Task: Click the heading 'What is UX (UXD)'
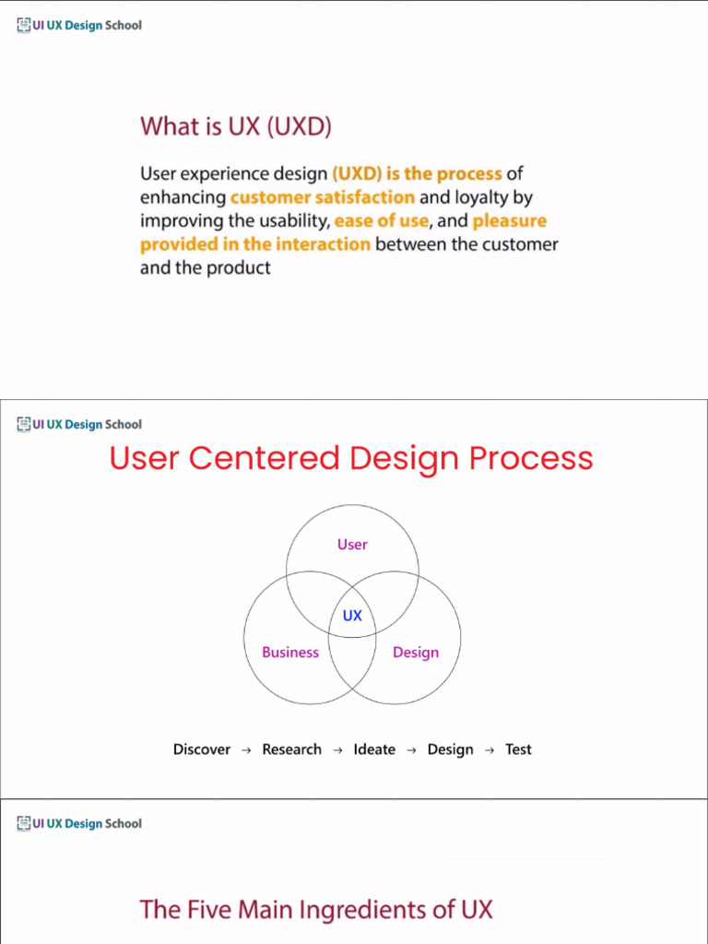[235, 126]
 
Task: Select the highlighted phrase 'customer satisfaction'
[323, 197]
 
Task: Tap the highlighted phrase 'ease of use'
[382, 221]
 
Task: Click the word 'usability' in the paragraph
[285, 221]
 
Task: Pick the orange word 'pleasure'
[510, 221]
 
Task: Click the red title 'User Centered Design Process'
[351, 458]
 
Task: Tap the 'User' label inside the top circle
[352, 545]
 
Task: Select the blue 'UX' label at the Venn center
[352, 615]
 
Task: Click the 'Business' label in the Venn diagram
[290, 653]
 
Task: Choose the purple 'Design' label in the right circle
[416, 653]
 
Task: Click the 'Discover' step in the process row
[202, 749]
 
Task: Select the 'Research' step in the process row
[292, 749]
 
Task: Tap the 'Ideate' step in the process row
[374, 749]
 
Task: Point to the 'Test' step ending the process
[518, 749]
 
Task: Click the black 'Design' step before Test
[450, 749]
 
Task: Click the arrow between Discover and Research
[246, 750]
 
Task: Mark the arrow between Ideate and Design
[411, 750]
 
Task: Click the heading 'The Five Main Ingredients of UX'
[316, 910]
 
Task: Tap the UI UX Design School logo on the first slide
[79, 26]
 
